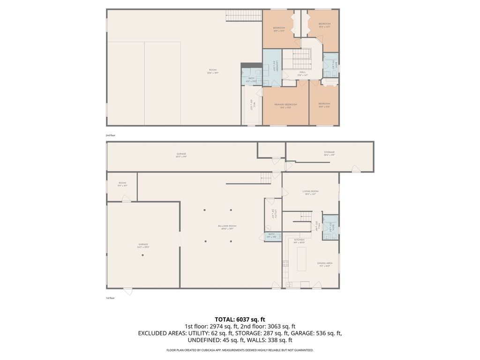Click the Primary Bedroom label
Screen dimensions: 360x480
[285, 105]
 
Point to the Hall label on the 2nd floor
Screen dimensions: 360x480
[302, 73]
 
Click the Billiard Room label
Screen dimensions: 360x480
[227, 227]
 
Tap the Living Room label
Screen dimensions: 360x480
[310, 192]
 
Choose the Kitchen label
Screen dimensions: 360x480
[299, 241]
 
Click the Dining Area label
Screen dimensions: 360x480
[325, 264]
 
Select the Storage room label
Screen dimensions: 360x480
[329, 153]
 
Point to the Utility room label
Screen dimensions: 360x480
[272, 214]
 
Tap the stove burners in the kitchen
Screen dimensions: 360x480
[285, 264]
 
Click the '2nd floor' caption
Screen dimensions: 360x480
[110, 135]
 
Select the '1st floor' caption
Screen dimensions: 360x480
[110, 298]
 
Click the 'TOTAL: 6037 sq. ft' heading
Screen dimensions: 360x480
[240, 319]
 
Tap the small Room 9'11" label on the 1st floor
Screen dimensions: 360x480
[122, 184]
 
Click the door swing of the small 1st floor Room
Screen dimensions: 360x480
[126, 199]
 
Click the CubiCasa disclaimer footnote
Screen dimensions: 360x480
[240, 350]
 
